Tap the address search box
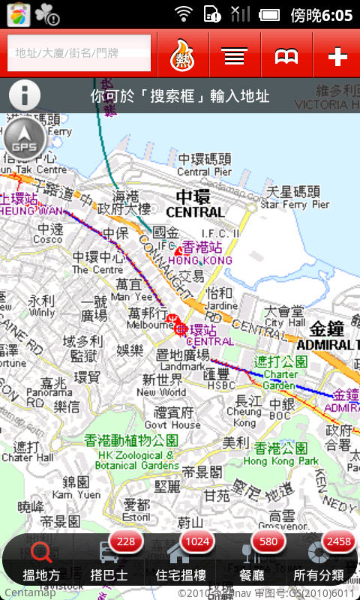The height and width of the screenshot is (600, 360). [x=79, y=53]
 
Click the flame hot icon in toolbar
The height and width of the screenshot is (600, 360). [x=183, y=55]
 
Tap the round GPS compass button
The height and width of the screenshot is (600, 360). [x=24, y=139]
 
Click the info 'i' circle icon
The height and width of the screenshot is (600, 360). [x=25, y=95]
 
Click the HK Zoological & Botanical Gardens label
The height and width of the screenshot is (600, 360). [x=130, y=448]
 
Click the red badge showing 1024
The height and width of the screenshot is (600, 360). [x=198, y=541]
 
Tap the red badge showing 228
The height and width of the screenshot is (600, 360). [x=125, y=541]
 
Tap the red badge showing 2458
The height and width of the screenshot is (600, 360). [x=339, y=541]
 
